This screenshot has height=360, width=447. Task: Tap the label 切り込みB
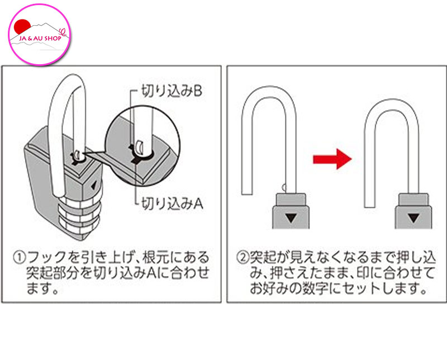(168, 91)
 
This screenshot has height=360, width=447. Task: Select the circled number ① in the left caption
(20, 258)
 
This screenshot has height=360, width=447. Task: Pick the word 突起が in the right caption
(266, 258)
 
